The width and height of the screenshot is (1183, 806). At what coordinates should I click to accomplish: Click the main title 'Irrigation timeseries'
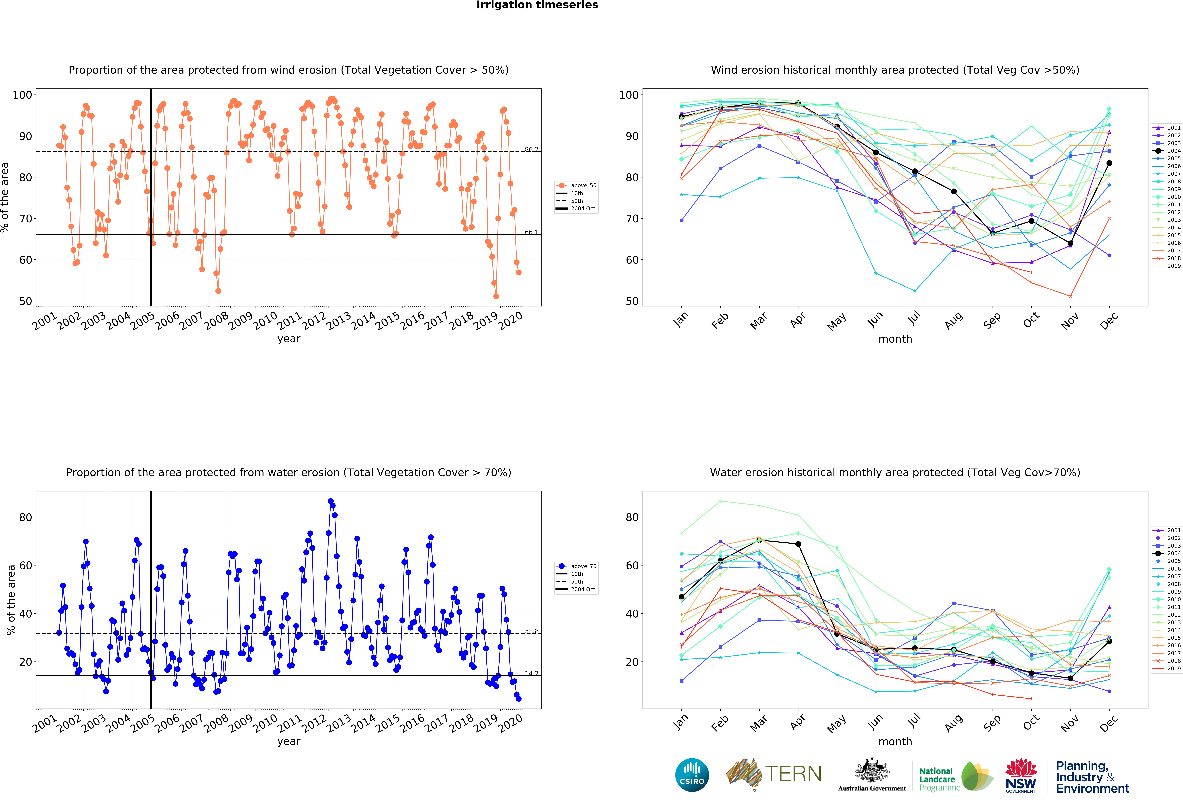click(x=537, y=5)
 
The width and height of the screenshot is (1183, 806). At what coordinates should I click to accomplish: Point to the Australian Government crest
click(x=872, y=770)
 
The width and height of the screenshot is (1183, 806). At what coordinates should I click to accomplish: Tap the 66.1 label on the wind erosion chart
click(x=531, y=232)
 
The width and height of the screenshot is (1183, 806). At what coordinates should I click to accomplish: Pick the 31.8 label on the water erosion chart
click(x=531, y=631)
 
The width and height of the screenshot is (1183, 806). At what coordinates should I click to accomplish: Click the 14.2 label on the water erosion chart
click(x=531, y=673)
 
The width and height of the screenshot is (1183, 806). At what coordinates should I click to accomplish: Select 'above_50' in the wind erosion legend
click(x=583, y=185)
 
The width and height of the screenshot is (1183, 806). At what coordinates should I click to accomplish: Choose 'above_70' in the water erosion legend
click(x=583, y=566)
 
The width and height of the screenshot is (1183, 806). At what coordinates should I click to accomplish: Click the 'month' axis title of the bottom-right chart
click(x=895, y=741)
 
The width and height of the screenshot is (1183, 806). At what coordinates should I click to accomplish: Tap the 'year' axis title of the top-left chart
click(x=289, y=339)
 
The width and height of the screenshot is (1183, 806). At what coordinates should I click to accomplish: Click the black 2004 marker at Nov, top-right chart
click(x=1070, y=243)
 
